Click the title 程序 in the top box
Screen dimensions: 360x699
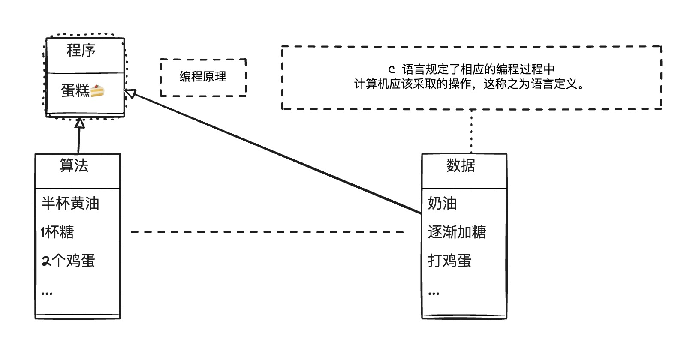coord(81,51)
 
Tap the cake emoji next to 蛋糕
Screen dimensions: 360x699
coord(97,91)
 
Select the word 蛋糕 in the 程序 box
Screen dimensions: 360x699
coord(75,91)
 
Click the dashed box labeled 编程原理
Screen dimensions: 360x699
coord(203,77)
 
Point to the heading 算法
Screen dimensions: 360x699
coord(74,166)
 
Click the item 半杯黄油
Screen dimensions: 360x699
coord(70,203)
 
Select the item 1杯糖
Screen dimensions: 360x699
coord(57,232)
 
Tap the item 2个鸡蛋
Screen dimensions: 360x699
coord(68,261)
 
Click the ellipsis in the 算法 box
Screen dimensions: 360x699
coord(47,294)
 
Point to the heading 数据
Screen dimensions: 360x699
coord(461,165)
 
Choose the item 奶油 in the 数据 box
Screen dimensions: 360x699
coord(442,203)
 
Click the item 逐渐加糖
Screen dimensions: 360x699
coord(457,232)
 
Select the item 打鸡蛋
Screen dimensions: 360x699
coord(449,261)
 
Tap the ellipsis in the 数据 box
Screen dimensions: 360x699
coord(434,294)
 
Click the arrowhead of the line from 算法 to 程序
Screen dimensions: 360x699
coord(79,123)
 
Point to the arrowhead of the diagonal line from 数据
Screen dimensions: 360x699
coord(130,93)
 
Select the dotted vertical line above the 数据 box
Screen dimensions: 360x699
coord(471,131)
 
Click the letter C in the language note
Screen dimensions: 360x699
coord(391,69)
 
